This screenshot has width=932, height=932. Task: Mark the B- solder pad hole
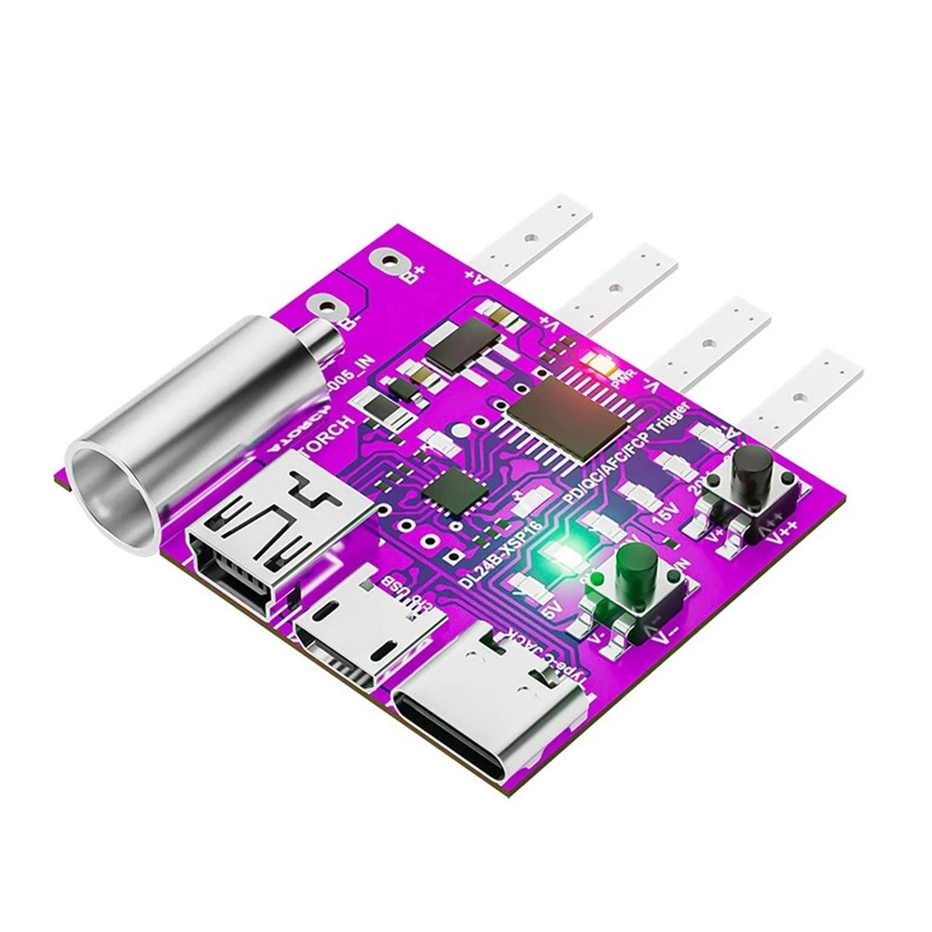[x=327, y=305]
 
